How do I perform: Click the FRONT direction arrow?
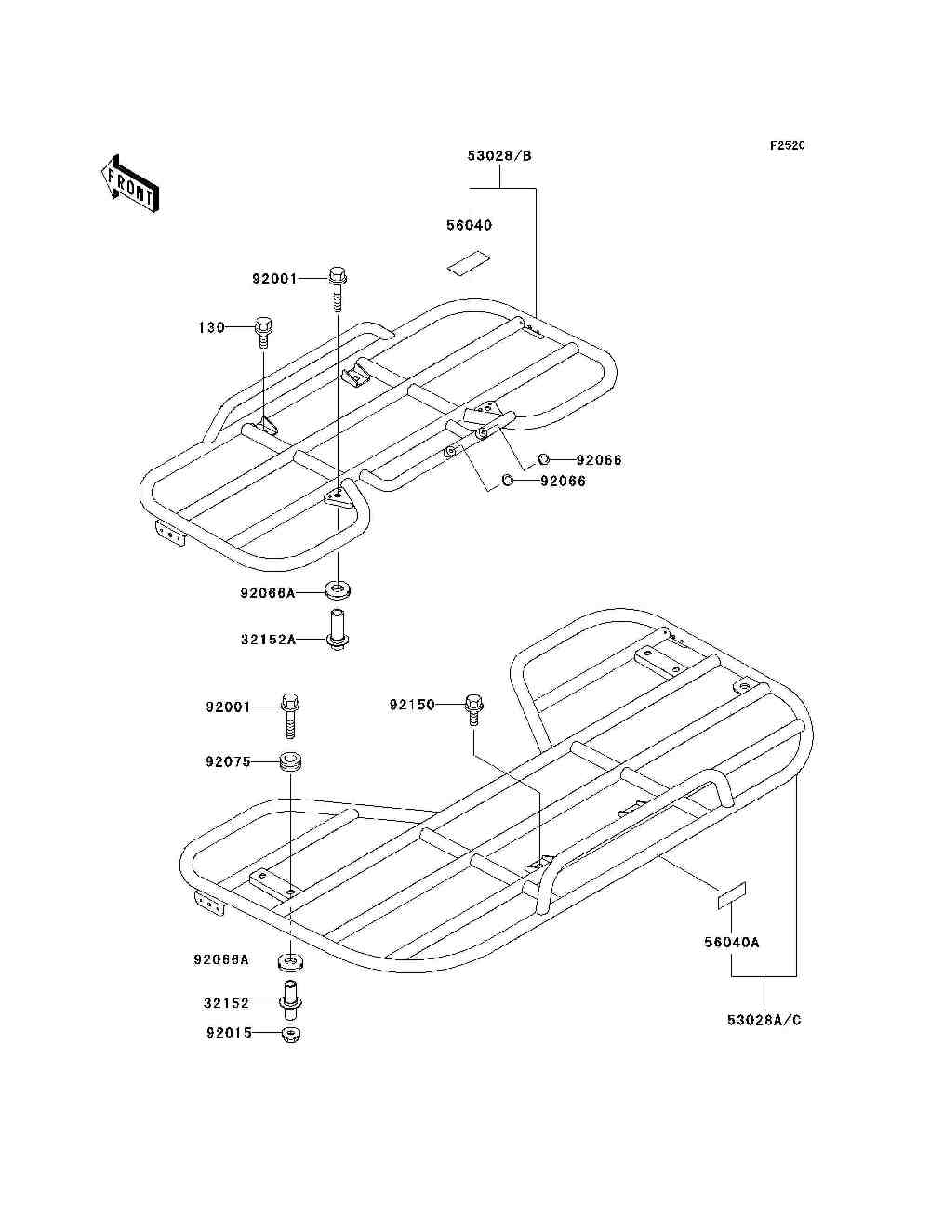coord(130,183)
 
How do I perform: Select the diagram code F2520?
coord(787,146)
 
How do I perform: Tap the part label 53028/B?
coord(499,156)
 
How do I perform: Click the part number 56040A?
coord(732,943)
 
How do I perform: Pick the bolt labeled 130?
coord(263,333)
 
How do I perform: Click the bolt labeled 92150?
coord(473,709)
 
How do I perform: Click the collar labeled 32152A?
coord(338,630)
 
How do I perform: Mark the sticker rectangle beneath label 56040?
coord(470,263)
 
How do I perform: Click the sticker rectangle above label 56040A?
coord(732,896)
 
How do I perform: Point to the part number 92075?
coord(229,762)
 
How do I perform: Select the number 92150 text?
coord(412,706)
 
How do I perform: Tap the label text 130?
coord(212,328)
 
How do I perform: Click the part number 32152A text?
coord(268,640)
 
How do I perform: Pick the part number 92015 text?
coord(230,1033)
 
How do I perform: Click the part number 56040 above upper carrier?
coord(470,226)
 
